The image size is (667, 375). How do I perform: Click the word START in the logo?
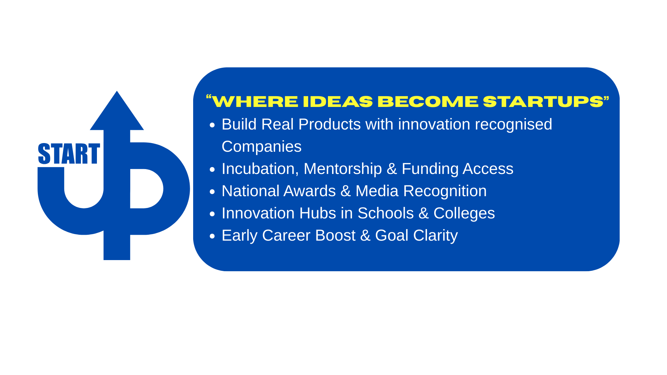tap(69, 153)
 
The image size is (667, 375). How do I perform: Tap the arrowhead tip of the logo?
tap(117, 91)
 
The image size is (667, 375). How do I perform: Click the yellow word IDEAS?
tap(338, 102)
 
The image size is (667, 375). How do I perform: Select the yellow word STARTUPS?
tap(543, 102)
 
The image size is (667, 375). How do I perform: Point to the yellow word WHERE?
tap(255, 102)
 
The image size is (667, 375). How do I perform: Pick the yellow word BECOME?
tap(428, 102)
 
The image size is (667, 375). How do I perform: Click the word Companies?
tap(262, 147)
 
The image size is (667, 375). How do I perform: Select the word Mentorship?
tap(343, 169)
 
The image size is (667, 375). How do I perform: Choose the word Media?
tap(377, 191)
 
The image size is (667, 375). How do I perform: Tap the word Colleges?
tap(464, 214)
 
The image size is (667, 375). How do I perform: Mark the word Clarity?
tap(436, 236)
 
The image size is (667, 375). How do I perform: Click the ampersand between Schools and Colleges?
tap(423, 214)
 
